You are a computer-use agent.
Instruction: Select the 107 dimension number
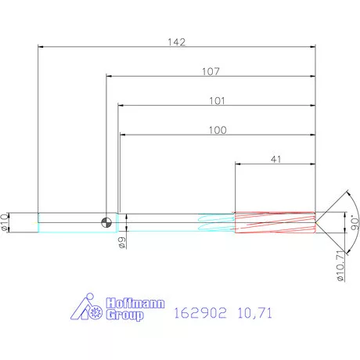click(x=211, y=71)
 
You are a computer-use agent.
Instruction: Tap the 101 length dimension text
click(x=217, y=101)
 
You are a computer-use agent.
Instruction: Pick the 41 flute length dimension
click(x=275, y=158)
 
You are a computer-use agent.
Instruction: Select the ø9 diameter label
click(x=122, y=243)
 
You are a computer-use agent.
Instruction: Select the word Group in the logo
click(x=124, y=315)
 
